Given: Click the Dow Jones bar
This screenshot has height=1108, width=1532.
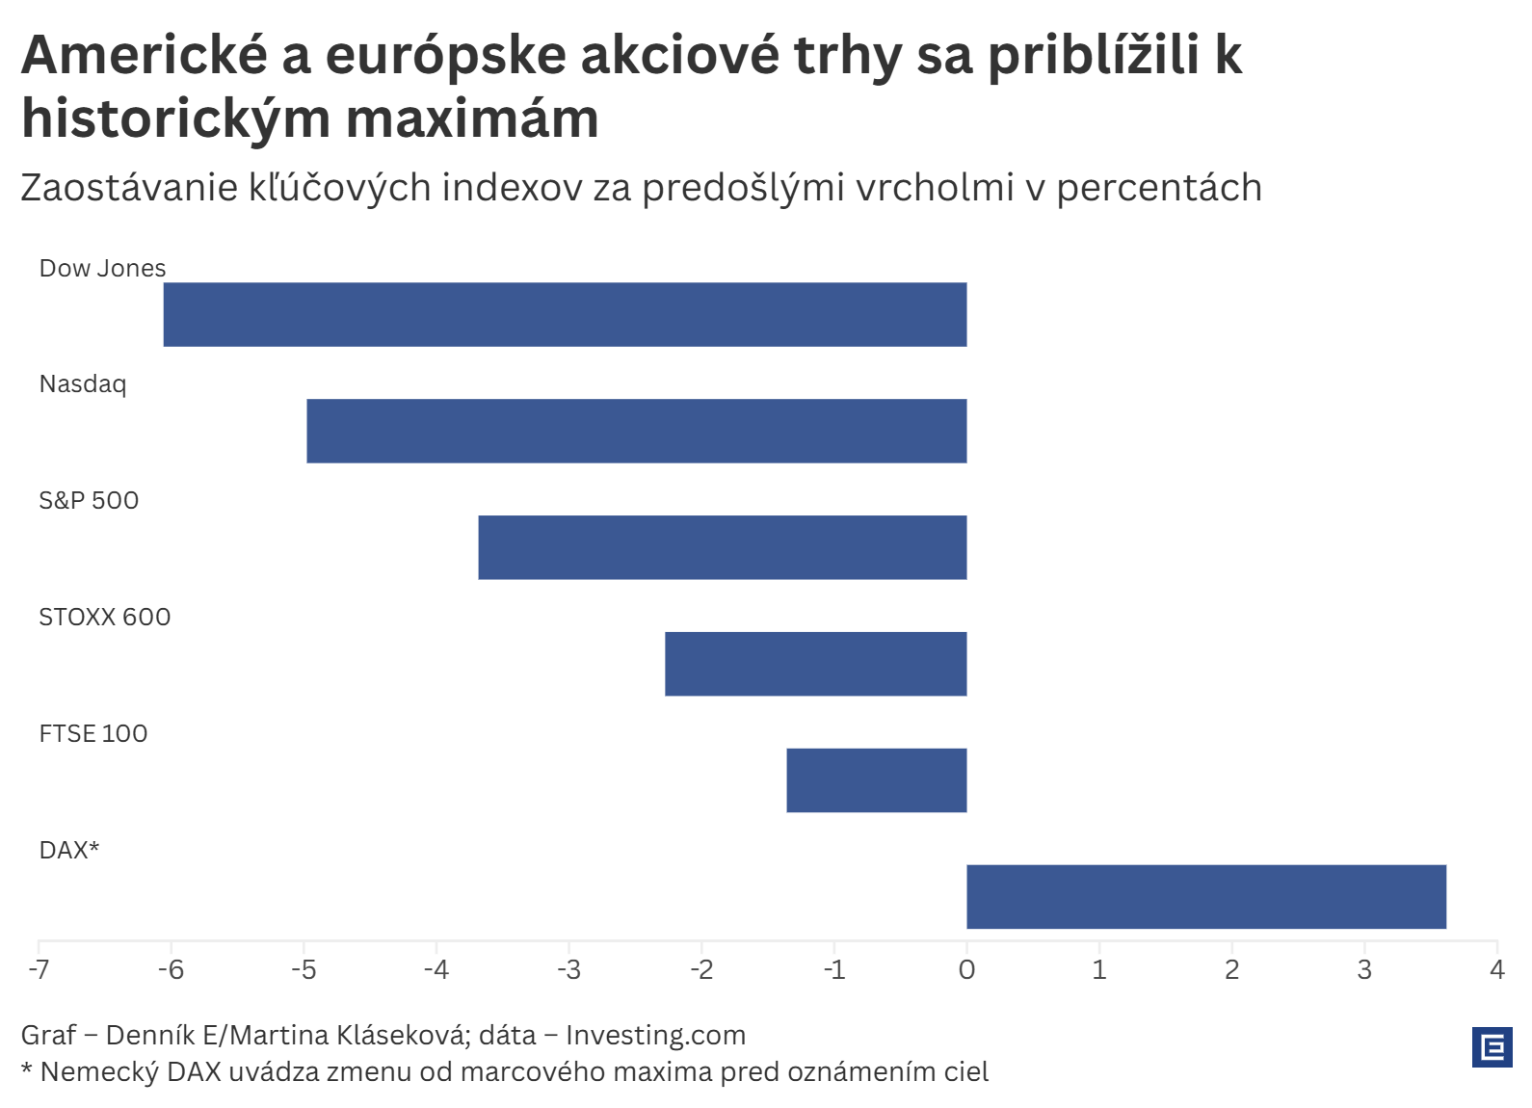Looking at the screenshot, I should click(565, 314).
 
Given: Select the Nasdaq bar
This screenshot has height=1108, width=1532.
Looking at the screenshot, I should click(636, 431).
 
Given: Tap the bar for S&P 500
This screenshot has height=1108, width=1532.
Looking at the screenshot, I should click(722, 547).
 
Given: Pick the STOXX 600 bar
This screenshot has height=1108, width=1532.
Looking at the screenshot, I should click(815, 664).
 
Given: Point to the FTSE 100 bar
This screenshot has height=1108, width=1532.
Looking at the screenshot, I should click(876, 780).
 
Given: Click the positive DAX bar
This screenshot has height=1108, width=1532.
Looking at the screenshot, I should click(1205, 897).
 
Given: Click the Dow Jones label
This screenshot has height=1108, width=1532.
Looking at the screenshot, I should click(102, 268).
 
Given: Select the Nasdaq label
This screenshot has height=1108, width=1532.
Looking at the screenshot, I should click(83, 384).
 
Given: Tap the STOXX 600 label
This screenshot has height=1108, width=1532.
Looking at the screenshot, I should click(104, 617).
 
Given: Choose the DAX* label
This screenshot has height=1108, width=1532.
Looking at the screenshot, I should click(69, 850).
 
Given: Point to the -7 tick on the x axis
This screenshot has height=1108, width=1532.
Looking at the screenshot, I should click(39, 969).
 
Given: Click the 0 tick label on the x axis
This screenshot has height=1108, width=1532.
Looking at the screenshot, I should click(966, 969).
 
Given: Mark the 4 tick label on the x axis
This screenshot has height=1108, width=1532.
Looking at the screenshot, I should click(1496, 969).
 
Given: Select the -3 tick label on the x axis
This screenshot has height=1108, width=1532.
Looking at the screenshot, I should click(568, 969).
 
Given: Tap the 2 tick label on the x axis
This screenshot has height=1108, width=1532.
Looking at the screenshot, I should click(1231, 969).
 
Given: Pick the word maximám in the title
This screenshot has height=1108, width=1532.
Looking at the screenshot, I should click(472, 119).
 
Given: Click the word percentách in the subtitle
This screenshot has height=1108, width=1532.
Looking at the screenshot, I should click(1158, 188).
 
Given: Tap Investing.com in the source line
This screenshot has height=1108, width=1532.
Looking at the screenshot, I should click(655, 1035).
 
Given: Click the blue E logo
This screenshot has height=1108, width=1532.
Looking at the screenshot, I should click(1492, 1046).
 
